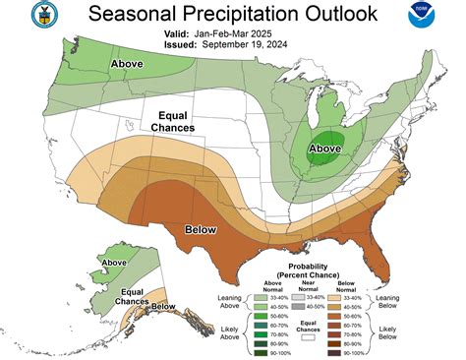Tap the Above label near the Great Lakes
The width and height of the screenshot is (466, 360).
[325, 150]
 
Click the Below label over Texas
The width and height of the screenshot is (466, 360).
[201, 229]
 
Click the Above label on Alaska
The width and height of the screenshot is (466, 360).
[115, 263]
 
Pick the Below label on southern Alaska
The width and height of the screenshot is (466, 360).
[163, 307]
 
